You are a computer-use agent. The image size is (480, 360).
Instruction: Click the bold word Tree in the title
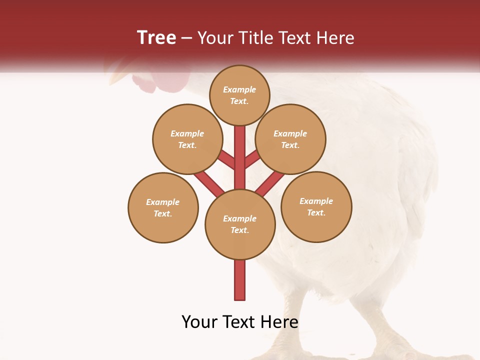[x=156, y=37]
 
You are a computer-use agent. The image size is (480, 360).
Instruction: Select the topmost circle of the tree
[x=239, y=95]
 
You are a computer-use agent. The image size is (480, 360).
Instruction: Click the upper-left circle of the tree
[x=187, y=139]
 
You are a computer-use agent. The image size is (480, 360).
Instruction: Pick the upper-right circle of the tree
[x=290, y=139]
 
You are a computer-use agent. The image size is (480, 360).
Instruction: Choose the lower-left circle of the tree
[x=163, y=207]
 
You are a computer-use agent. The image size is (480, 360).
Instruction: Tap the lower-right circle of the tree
[x=316, y=206]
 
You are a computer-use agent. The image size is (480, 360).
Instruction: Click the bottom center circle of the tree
[x=240, y=224]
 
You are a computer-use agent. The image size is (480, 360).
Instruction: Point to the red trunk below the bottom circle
[x=240, y=280]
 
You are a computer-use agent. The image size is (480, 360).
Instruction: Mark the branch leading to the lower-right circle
[x=270, y=184]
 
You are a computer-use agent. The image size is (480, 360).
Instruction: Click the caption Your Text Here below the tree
[x=240, y=322]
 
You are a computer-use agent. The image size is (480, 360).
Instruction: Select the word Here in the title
[x=336, y=38]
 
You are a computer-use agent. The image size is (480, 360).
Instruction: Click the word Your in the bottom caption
[x=200, y=322]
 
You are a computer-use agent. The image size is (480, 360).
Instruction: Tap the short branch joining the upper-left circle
[x=226, y=160]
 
